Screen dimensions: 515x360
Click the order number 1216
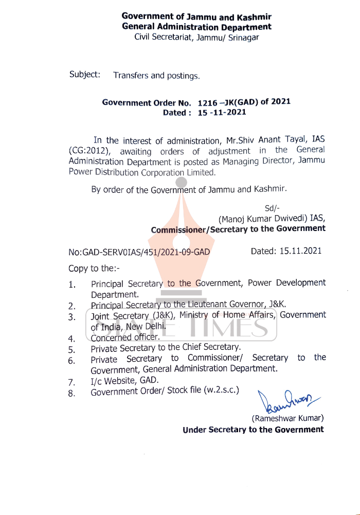207,102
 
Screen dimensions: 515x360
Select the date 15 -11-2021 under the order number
222,113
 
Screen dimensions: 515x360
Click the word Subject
84,75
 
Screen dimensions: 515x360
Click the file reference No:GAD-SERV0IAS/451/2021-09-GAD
139,252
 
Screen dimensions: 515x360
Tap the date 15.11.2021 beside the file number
301,251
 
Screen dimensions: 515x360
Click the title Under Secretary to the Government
253,430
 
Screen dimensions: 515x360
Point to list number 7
72,382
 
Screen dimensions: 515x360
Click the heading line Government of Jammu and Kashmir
196,16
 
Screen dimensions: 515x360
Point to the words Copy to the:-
94,269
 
